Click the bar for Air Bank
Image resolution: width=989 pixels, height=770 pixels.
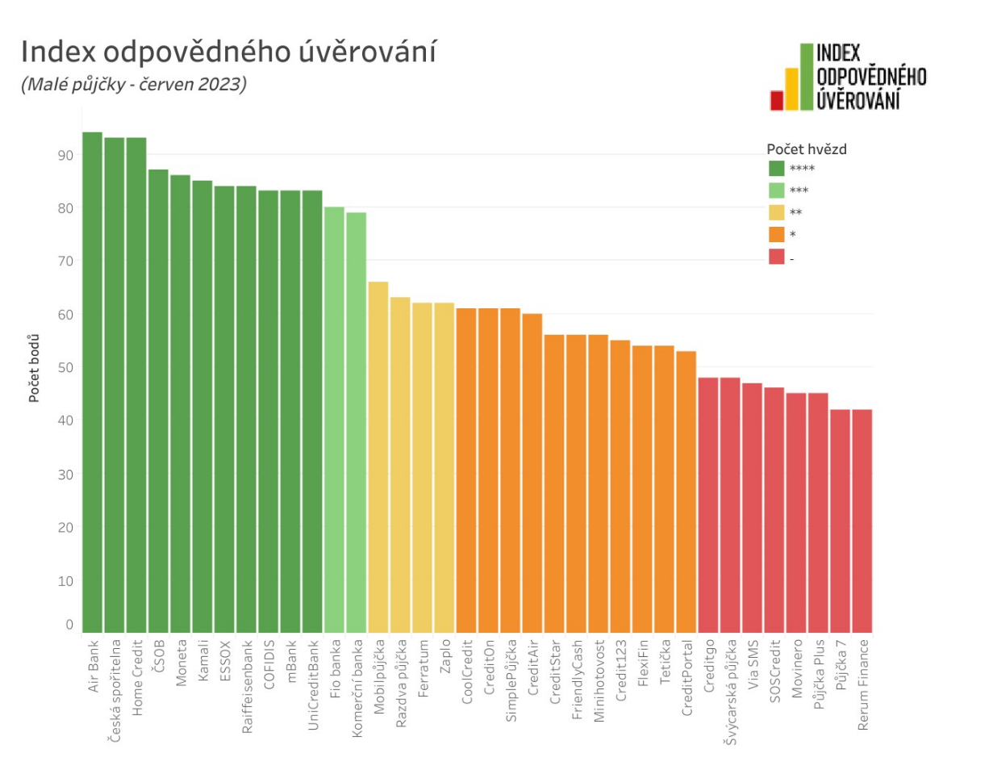pyautogui.click(x=92, y=383)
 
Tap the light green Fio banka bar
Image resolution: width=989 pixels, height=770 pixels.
pyautogui.click(x=334, y=420)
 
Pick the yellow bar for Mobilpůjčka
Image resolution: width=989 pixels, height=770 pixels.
pyautogui.click(x=378, y=457)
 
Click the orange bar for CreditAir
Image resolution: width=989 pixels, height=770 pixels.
pyautogui.click(x=532, y=473)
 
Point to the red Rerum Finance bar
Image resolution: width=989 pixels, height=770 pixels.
pyautogui.click(x=862, y=521)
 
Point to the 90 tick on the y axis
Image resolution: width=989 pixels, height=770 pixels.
pyautogui.click(x=64, y=154)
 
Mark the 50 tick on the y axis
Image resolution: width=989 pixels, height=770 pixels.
pyautogui.click(x=64, y=367)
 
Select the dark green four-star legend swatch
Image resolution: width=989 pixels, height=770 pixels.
pyautogui.click(x=776, y=168)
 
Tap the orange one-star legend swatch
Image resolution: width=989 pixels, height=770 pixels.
pyautogui.click(x=776, y=234)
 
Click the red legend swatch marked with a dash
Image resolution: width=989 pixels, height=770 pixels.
pyautogui.click(x=776, y=257)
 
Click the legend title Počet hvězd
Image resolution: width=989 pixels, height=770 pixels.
pyautogui.click(x=806, y=149)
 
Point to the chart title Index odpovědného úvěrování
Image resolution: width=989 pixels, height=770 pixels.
pyautogui.click(x=228, y=52)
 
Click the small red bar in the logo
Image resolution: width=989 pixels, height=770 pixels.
pyautogui.click(x=777, y=100)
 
